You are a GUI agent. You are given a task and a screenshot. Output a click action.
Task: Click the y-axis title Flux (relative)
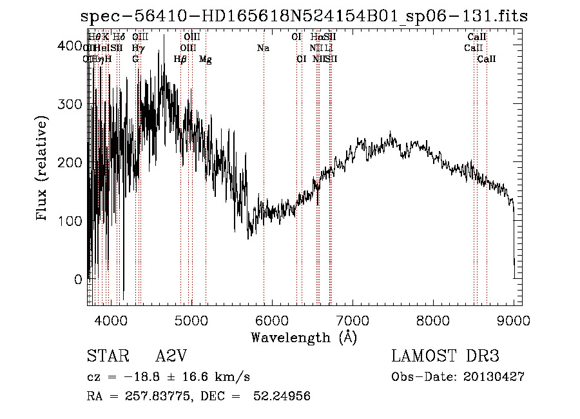(43, 169)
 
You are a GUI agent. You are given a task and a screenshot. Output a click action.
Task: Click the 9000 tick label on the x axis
(514, 319)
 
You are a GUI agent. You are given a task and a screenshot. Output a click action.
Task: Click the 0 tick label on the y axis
(78, 280)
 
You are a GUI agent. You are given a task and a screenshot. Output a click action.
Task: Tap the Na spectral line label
(263, 48)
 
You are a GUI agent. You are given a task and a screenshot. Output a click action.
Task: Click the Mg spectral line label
(205, 59)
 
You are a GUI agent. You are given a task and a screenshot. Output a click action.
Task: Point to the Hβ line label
(180, 59)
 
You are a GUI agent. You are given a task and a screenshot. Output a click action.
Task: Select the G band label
(135, 59)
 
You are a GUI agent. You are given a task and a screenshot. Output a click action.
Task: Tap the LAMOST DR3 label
(445, 356)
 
